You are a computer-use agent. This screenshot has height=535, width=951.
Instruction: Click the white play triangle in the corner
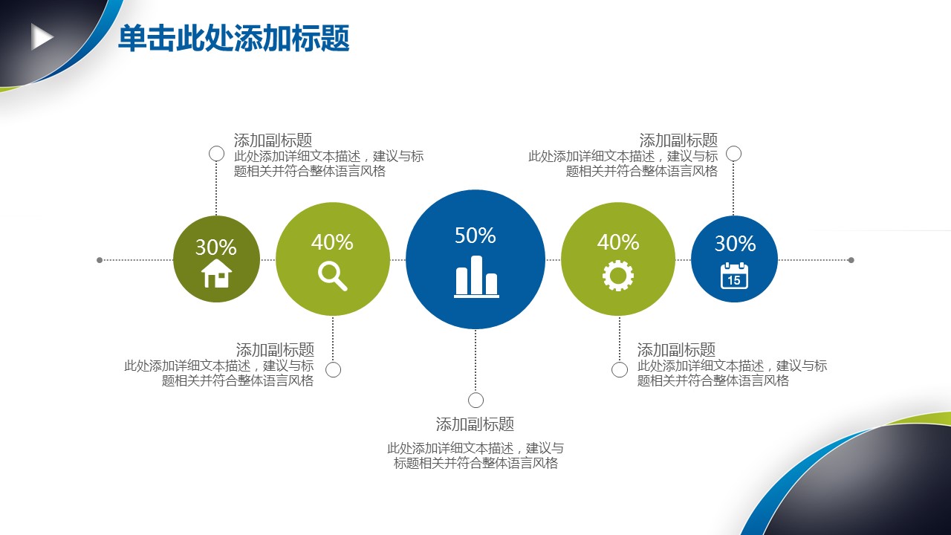click(x=41, y=37)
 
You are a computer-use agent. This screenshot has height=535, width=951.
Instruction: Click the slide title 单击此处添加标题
click(x=233, y=38)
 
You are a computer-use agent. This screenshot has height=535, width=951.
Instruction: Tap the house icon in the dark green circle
click(x=216, y=273)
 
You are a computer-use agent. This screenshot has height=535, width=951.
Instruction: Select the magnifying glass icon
click(x=333, y=276)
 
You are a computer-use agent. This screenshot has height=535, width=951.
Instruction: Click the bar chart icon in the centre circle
click(x=476, y=276)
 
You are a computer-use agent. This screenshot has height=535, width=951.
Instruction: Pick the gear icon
click(x=618, y=276)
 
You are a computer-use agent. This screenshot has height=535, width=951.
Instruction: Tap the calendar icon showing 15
click(x=734, y=276)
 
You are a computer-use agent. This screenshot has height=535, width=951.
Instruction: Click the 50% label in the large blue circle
click(x=475, y=236)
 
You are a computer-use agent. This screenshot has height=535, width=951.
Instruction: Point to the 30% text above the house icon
click(x=216, y=247)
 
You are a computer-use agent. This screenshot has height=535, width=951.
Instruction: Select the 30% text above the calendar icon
click(x=735, y=244)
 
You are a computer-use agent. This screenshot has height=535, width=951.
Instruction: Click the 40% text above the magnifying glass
click(x=332, y=242)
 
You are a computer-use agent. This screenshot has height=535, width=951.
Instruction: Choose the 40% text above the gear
click(x=618, y=242)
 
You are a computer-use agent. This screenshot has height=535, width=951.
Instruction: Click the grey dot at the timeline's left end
click(x=100, y=260)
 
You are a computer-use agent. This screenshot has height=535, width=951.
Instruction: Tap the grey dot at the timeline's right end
click(x=851, y=260)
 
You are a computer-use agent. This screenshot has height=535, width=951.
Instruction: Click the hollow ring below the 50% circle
click(x=475, y=392)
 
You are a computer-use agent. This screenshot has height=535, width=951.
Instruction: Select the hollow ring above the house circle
click(x=216, y=146)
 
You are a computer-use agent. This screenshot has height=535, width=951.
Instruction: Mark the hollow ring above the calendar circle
click(x=733, y=146)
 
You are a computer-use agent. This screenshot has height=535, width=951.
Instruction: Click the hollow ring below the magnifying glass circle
click(x=333, y=362)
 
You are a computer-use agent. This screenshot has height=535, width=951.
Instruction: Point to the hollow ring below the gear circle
click(x=620, y=362)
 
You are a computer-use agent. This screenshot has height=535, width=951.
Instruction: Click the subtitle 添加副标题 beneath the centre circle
click(x=475, y=424)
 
